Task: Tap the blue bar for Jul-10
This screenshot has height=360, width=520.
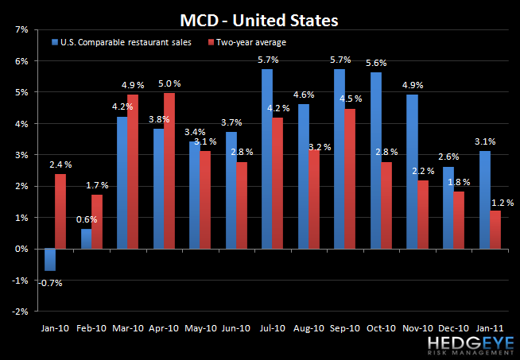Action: point(267,159)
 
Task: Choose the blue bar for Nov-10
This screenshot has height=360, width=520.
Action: point(411,172)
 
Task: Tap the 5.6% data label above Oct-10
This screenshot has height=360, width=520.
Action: point(376,64)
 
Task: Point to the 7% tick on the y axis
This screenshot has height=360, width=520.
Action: point(21,29)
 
